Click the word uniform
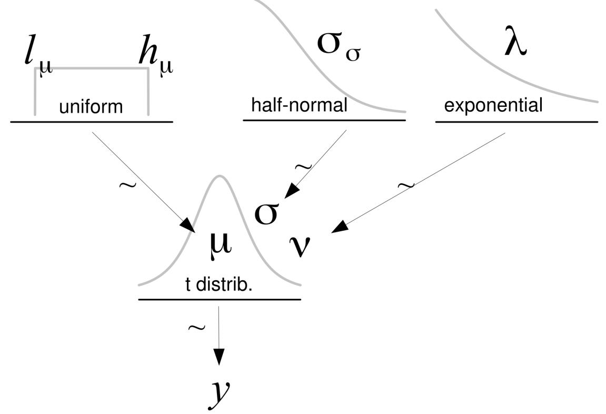point(91,107)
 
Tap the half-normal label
point(299,105)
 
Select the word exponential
point(493,106)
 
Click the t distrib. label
point(219,286)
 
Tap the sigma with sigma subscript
point(338,46)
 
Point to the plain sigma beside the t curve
point(266,213)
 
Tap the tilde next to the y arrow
point(196,328)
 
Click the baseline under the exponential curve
point(516,122)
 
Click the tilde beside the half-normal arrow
point(304,167)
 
